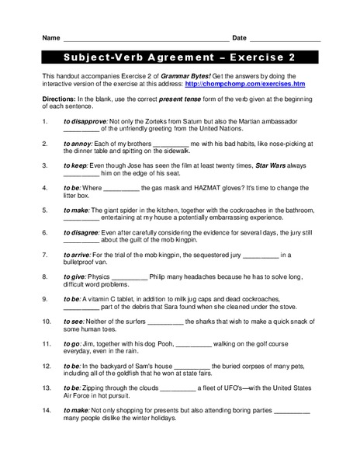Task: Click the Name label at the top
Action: (x=50, y=38)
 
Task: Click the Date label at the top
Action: (x=239, y=38)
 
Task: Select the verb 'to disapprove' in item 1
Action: (x=85, y=121)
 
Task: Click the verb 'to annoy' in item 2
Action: (x=78, y=144)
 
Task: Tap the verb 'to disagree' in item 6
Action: (x=82, y=232)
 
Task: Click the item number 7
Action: (x=44, y=255)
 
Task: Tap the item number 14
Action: (x=46, y=409)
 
